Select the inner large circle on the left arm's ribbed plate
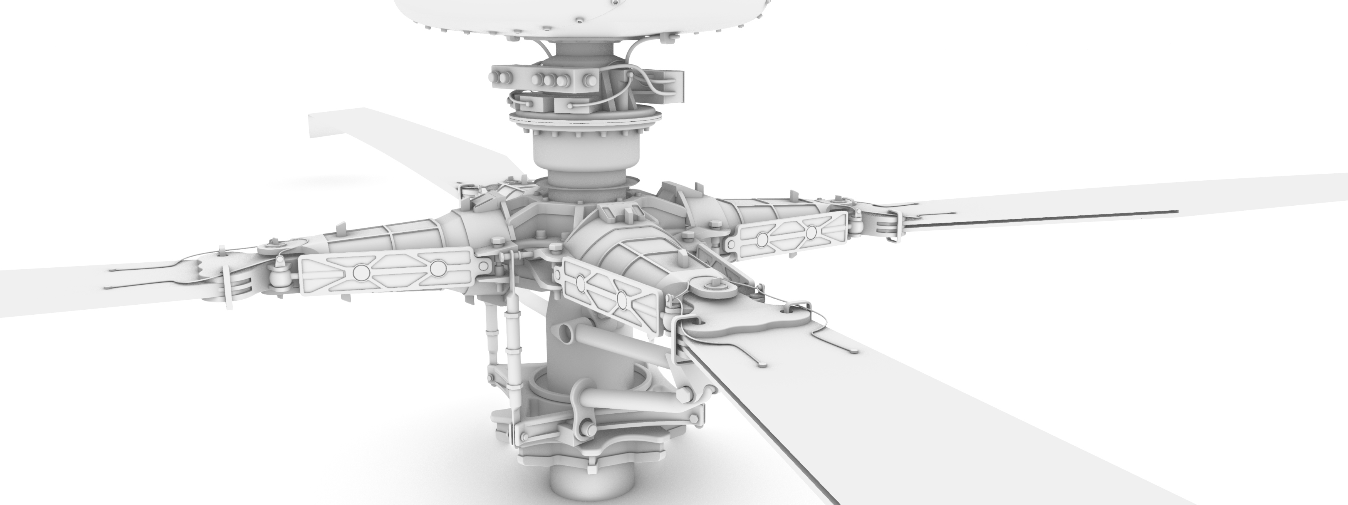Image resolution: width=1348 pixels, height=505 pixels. [437, 268]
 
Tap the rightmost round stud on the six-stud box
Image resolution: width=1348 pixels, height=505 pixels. [590, 80]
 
